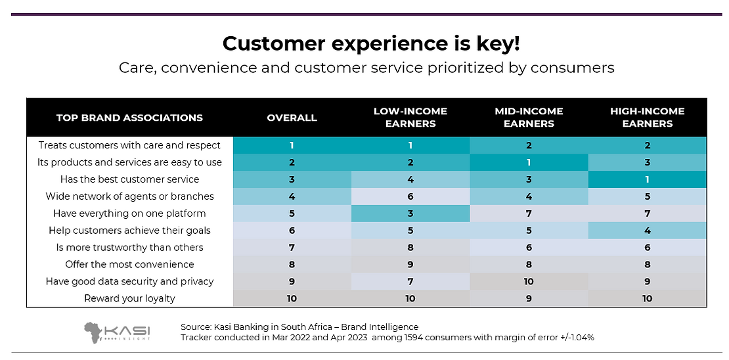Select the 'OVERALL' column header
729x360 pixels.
(292, 118)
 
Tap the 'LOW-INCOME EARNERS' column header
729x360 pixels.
(410, 118)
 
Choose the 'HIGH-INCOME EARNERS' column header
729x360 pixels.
(647, 118)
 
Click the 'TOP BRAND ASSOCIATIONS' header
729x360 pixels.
(129, 118)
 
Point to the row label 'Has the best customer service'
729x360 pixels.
(129, 179)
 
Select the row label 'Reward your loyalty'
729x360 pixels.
(129, 298)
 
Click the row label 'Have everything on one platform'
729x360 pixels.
(129, 214)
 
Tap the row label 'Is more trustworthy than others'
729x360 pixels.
(129, 248)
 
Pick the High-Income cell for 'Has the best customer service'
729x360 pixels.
(647, 179)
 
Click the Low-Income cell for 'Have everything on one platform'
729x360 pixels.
(410, 214)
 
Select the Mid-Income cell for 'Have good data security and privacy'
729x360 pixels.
(529, 281)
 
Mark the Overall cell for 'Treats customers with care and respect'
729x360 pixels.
(292, 145)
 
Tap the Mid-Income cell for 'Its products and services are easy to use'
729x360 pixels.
(529, 162)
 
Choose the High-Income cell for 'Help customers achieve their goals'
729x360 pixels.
(647, 231)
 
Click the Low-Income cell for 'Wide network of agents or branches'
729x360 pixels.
(410, 196)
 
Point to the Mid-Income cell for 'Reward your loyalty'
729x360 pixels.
(529, 298)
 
